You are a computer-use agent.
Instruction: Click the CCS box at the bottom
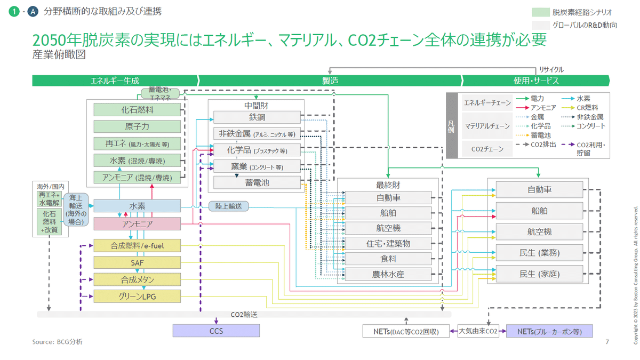click(x=216, y=331)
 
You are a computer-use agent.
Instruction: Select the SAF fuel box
click(x=137, y=262)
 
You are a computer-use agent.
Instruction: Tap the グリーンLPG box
click(x=137, y=296)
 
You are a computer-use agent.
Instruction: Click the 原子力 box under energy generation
click(x=137, y=126)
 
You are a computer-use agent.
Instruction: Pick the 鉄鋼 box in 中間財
click(x=257, y=117)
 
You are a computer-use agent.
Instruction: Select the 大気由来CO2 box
click(x=478, y=332)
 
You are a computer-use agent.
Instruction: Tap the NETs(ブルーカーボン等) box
click(x=549, y=332)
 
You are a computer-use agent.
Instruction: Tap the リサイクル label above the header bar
click(x=551, y=69)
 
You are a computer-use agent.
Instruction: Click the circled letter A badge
click(x=33, y=11)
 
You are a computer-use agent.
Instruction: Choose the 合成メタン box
click(x=137, y=279)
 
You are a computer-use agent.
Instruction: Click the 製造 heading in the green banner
click(x=330, y=81)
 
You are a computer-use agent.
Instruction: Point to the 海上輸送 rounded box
click(x=76, y=210)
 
